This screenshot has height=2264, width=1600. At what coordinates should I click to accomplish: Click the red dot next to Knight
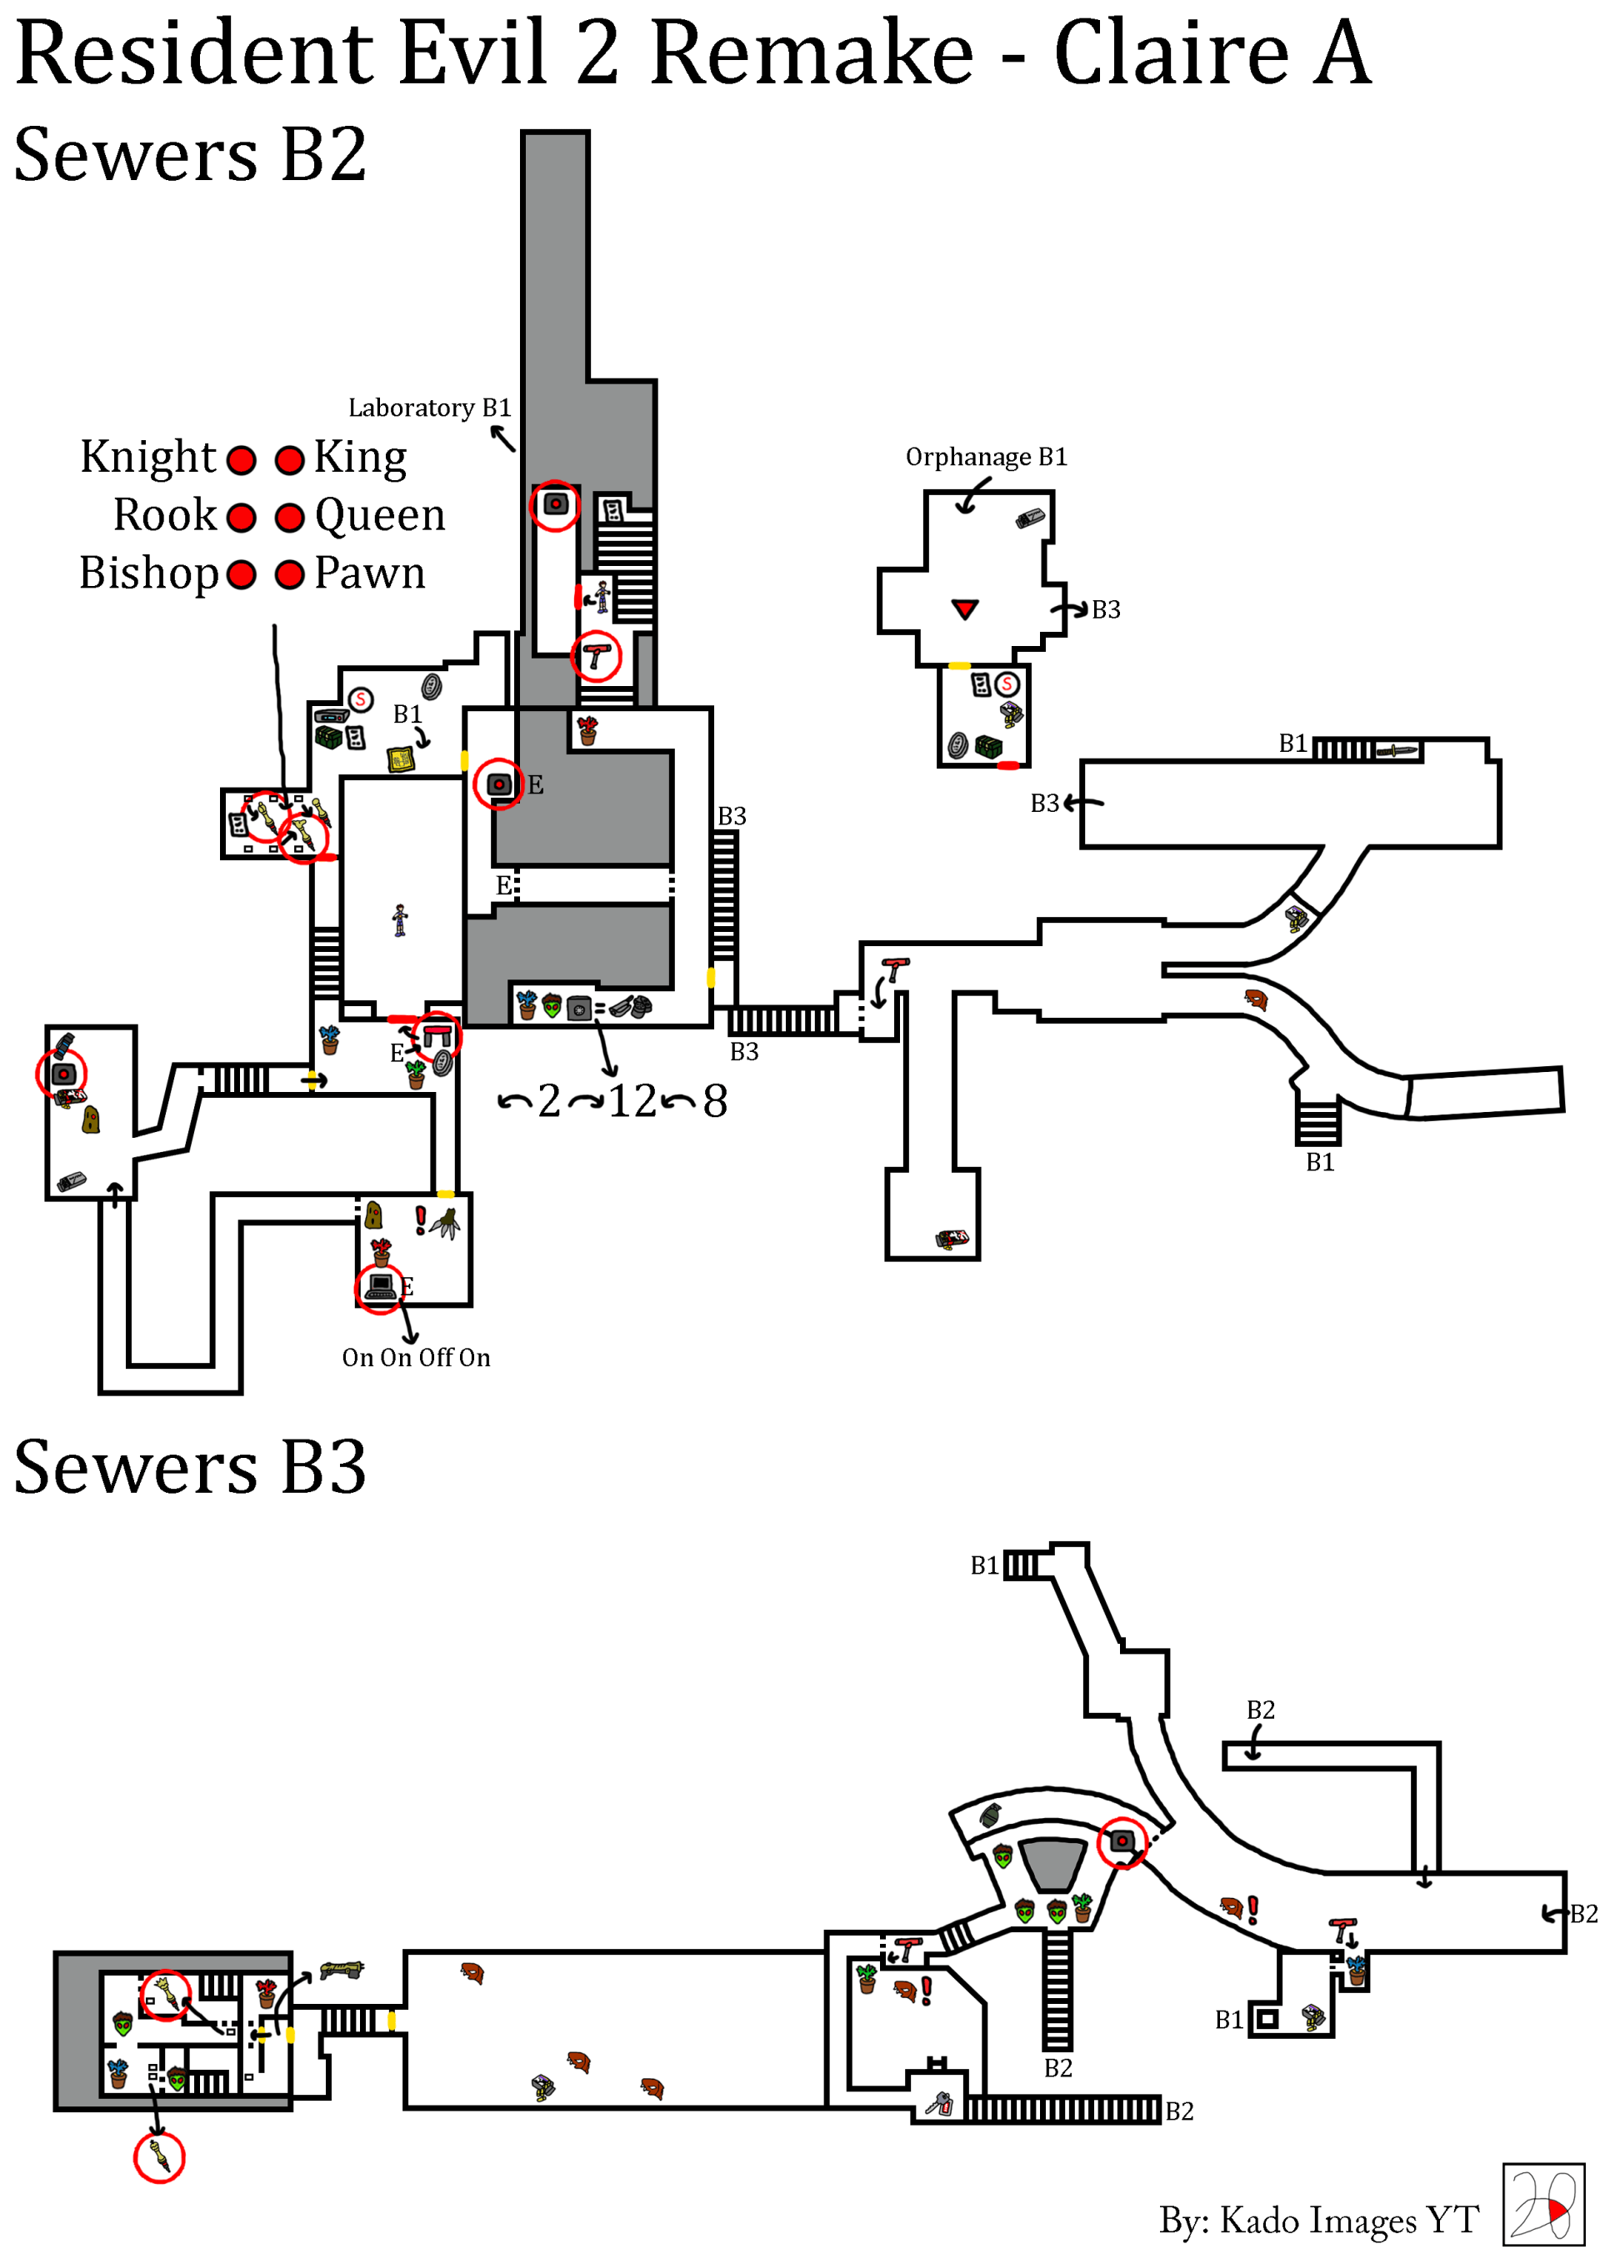[x=242, y=459]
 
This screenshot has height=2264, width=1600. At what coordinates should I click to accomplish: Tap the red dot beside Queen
[x=289, y=518]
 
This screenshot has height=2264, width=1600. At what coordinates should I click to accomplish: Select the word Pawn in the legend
[x=370, y=573]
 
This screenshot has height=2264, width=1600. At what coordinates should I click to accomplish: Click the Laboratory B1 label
[x=429, y=408]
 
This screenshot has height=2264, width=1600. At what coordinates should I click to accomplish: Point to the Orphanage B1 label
[x=986, y=457]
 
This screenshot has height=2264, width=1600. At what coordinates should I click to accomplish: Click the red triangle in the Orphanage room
[x=964, y=609]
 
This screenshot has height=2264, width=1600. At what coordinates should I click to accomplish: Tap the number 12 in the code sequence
[x=632, y=1100]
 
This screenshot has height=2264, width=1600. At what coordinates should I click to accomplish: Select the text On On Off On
[x=416, y=1358]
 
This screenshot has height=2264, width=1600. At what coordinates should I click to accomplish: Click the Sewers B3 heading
[x=190, y=1466]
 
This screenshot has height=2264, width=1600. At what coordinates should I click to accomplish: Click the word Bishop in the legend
[x=147, y=573]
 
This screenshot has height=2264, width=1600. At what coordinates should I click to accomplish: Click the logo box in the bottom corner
[x=1542, y=2205]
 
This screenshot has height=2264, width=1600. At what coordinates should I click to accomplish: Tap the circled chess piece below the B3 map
[x=160, y=2156]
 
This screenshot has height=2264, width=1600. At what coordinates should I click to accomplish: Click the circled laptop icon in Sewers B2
[x=379, y=1286]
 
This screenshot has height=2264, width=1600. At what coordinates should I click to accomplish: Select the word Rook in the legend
[x=165, y=514]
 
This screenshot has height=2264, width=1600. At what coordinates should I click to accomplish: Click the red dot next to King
[x=289, y=459]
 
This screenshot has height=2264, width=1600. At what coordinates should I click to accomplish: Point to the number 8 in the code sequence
[x=715, y=1100]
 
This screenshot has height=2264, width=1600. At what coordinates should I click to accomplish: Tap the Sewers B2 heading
[x=190, y=155]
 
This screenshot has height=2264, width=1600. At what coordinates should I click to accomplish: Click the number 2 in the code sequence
[x=549, y=1100]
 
